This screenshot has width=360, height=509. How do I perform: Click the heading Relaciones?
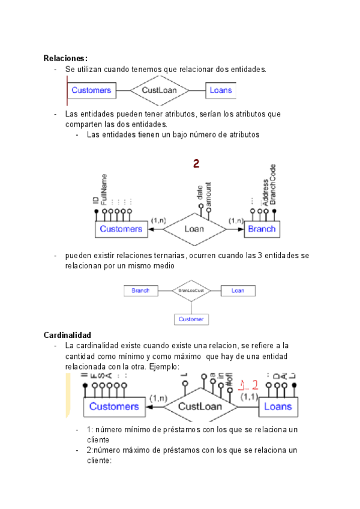click(65, 58)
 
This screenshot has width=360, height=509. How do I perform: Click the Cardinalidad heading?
click(67, 334)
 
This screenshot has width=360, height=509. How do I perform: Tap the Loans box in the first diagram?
click(220, 91)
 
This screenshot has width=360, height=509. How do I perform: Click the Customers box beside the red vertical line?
click(92, 91)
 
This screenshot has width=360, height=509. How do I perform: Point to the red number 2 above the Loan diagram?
click(196, 163)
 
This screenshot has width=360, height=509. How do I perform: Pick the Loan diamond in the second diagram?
click(194, 229)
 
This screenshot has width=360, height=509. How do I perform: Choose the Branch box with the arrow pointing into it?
click(262, 229)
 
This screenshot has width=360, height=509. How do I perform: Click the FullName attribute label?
click(104, 190)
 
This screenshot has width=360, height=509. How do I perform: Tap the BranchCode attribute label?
click(273, 184)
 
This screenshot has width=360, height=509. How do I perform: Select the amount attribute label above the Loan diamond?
click(208, 194)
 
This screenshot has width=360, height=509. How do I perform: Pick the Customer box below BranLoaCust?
click(191, 319)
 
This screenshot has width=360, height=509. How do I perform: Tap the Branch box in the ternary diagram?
click(140, 291)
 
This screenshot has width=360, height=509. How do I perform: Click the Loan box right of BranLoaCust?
click(238, 291)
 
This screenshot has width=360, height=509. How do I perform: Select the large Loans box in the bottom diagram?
click(278, 406)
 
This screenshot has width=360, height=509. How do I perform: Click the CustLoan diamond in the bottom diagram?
click(201, 406)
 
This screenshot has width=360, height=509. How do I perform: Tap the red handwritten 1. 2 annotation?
click(248, 386)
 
